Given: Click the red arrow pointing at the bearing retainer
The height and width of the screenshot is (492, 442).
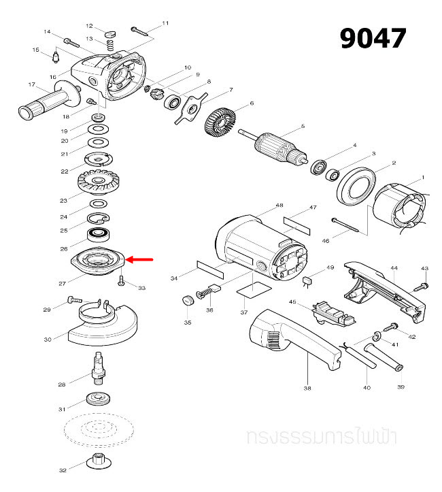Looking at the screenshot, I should tap(141, 259).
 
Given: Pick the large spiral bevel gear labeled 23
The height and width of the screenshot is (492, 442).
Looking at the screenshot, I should tap(99, 182).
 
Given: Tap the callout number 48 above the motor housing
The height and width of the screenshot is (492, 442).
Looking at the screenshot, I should tap(279, 206).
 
